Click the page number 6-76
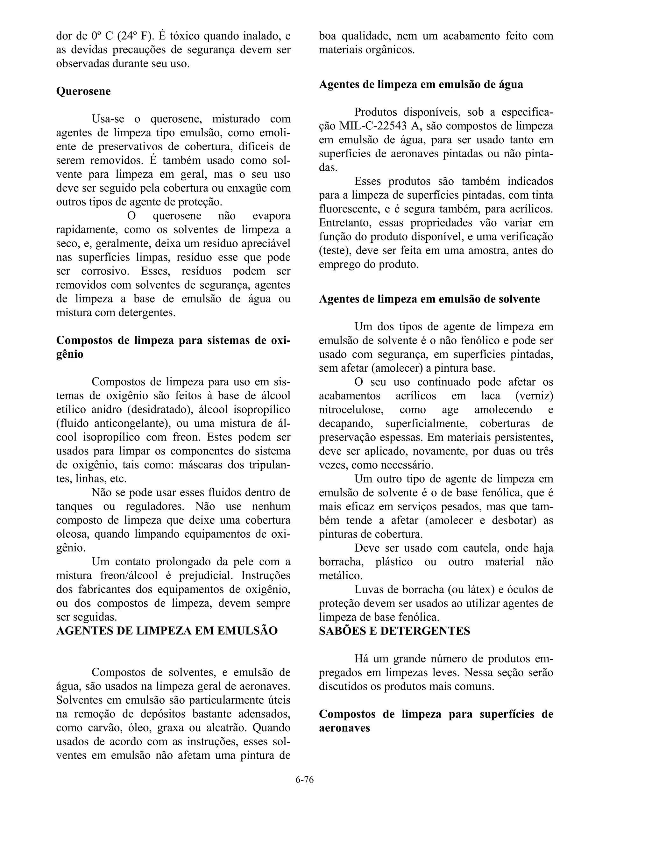[304, 779]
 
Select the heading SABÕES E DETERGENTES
[394, 631]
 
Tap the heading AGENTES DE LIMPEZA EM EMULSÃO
[167, 631]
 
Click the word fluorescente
[350, 209]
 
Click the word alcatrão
[224, 728]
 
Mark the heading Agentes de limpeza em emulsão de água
[421, 85]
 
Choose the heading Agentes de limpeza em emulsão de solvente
[429, 299]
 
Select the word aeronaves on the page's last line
[344, 728]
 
